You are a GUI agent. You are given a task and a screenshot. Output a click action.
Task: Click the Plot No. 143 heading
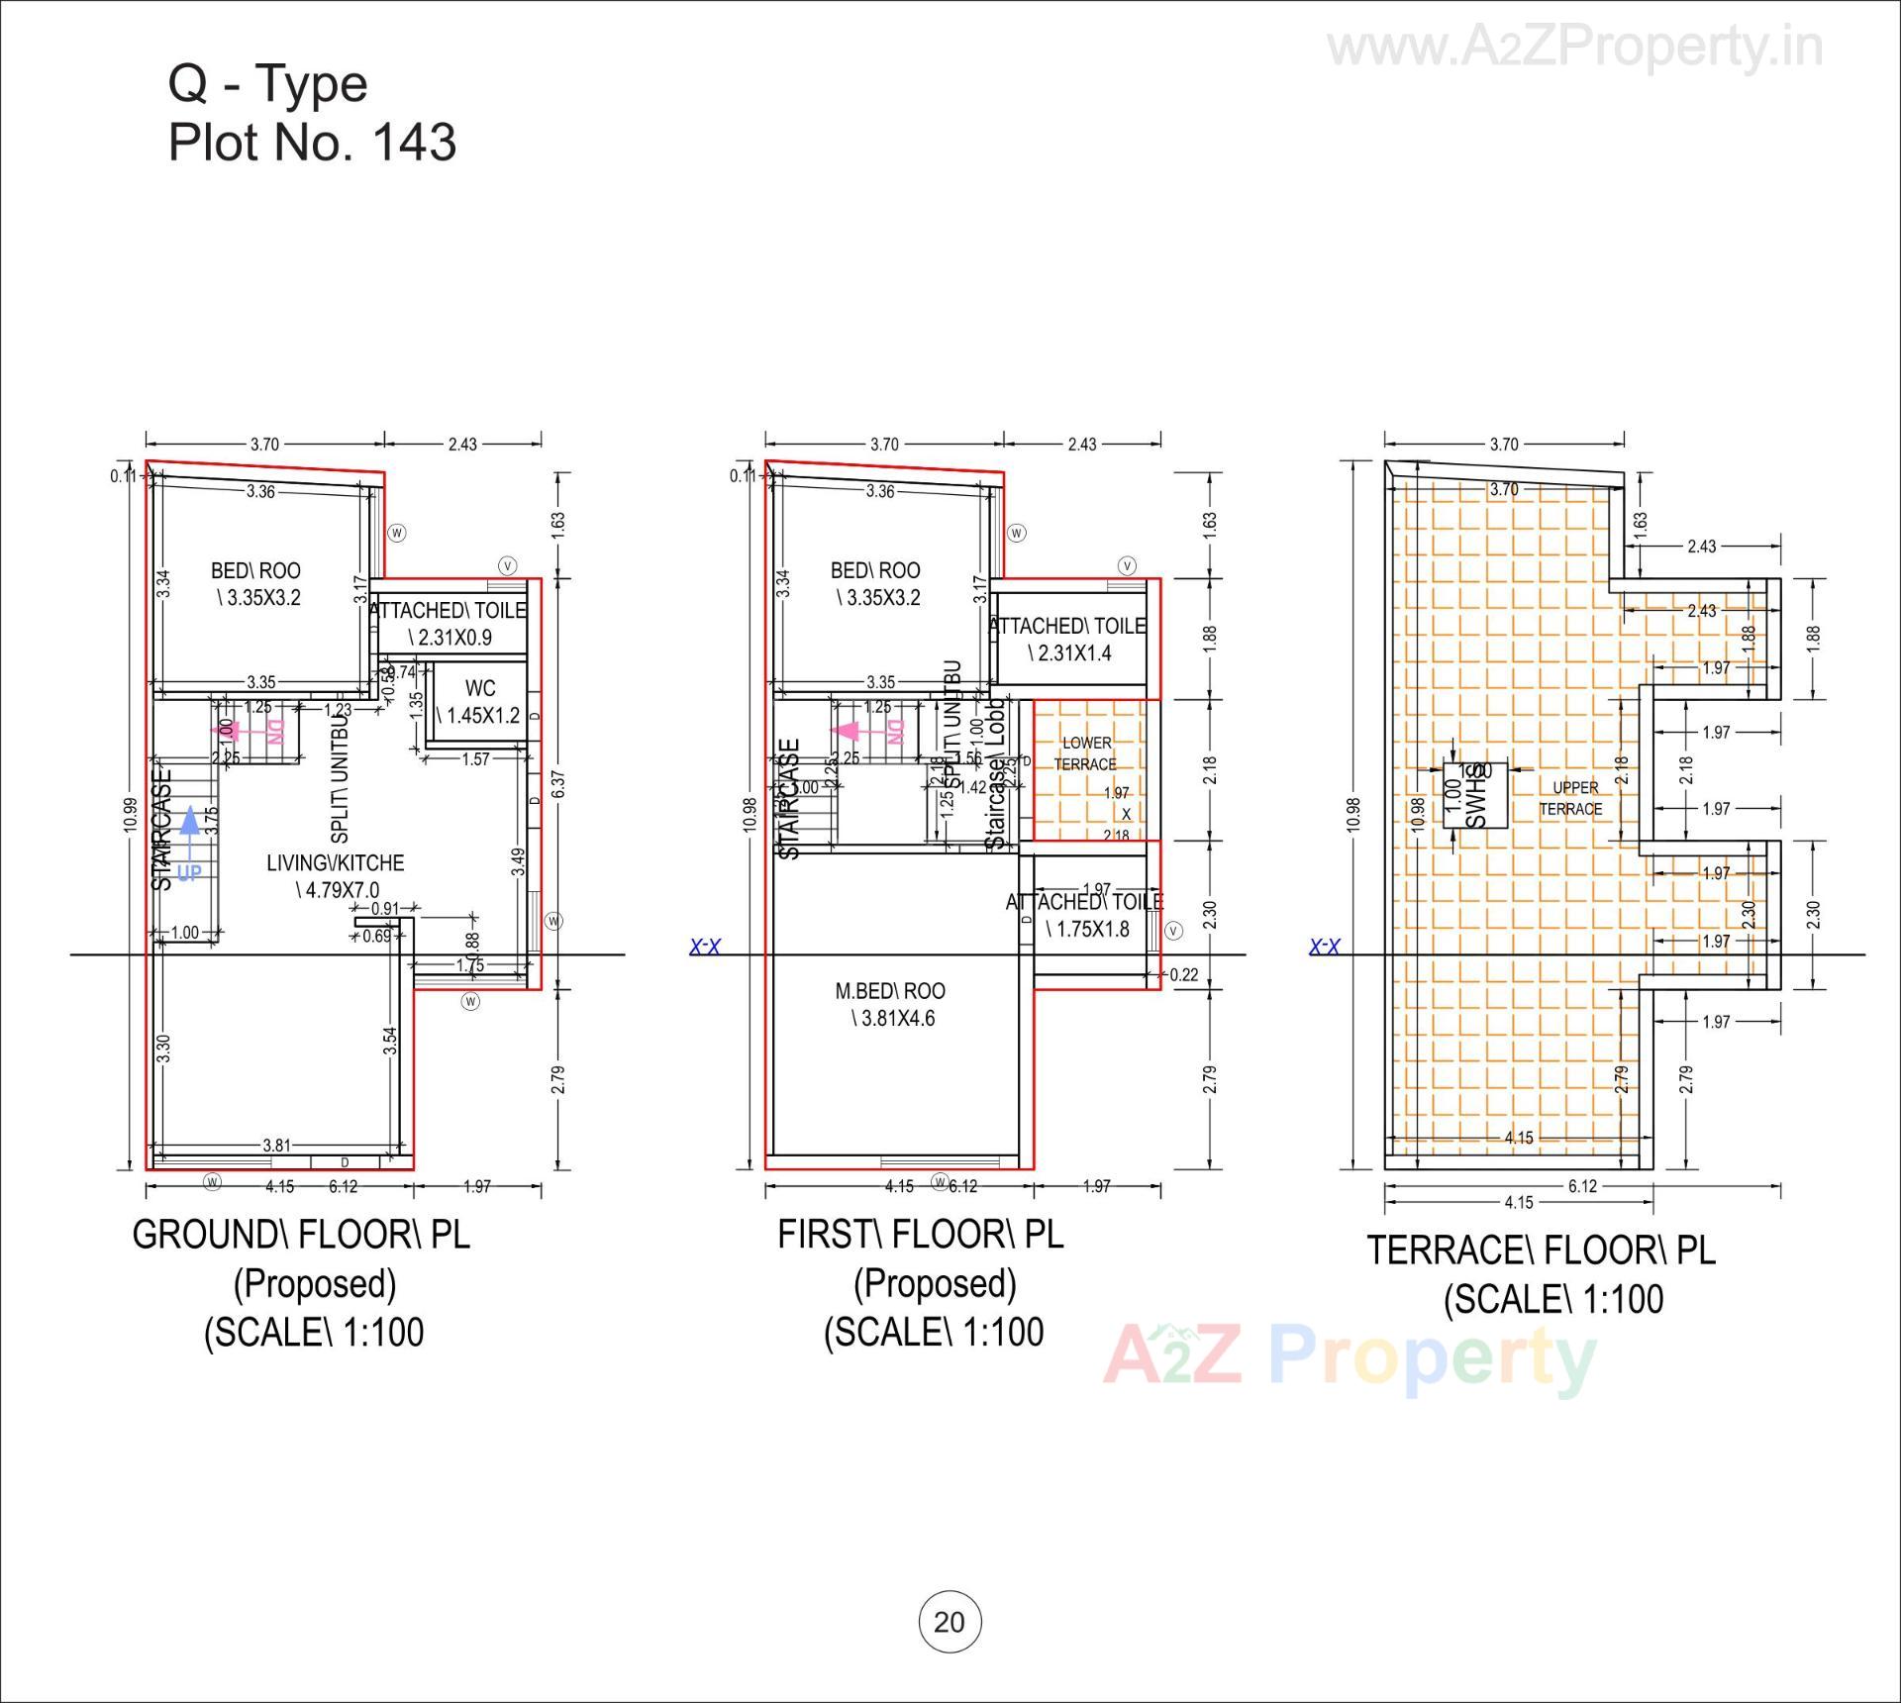point(312,143)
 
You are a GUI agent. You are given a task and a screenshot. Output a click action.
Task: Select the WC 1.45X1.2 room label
point(479,701)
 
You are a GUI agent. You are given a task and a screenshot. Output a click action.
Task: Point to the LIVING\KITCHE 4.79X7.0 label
point(336,876)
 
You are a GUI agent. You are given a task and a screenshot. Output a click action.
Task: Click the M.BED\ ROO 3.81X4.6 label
point(890,1004)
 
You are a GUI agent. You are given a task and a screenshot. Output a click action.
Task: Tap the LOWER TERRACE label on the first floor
point(1086,753)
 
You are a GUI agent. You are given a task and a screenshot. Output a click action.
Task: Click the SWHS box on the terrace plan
point(1476,795)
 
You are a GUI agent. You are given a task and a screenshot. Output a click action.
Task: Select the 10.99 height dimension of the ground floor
point(130,816)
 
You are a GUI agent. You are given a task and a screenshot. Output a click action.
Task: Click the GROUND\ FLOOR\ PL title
point(301,1235)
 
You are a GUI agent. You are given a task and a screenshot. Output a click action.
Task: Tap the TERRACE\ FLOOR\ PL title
point(1541,1251)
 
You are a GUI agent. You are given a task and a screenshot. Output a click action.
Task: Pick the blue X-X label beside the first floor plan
point(705,948)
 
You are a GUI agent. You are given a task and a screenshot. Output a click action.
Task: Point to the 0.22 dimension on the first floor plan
point(1183,975)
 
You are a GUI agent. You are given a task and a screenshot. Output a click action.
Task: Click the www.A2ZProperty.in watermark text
point(1574,47)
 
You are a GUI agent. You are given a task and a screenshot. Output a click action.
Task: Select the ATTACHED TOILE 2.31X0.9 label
point(449,624)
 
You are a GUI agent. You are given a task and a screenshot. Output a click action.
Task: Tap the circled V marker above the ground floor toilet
point(507,566)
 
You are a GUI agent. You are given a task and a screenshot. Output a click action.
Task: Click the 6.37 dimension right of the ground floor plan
point(558,784)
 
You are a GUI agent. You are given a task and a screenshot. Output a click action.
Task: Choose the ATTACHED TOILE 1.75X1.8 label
point(1085,915)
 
